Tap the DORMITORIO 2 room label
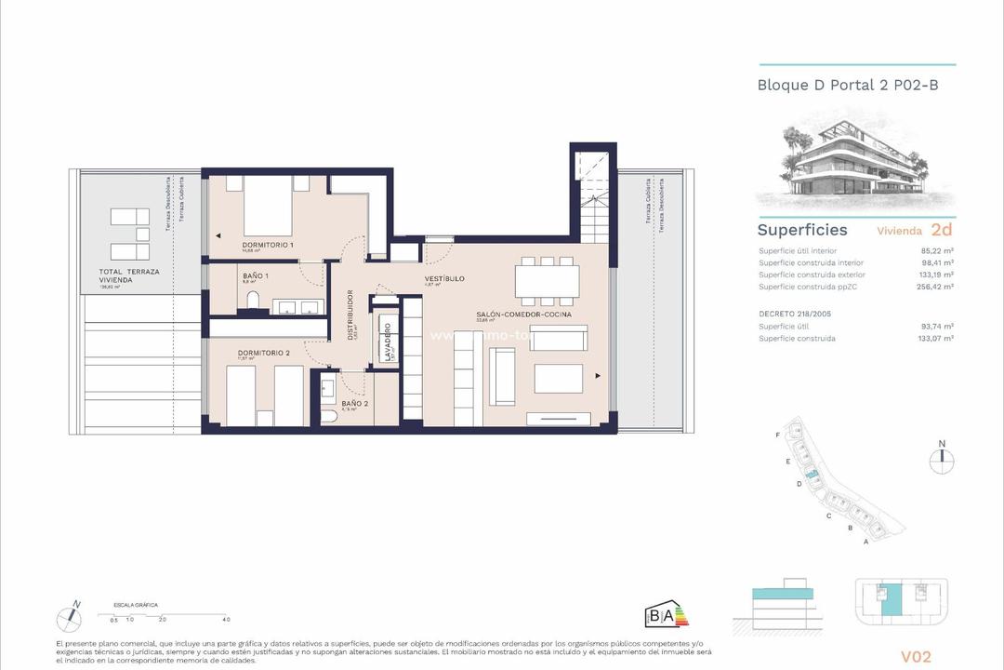(264, 353)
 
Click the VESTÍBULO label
(444, 278)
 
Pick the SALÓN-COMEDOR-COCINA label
(523, 315)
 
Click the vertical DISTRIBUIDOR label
(350, 315)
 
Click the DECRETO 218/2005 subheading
(795, 314)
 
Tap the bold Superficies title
(802, 230)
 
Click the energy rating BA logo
(667, 615)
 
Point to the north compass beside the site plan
(942, 455)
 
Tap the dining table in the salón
(548, 278)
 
